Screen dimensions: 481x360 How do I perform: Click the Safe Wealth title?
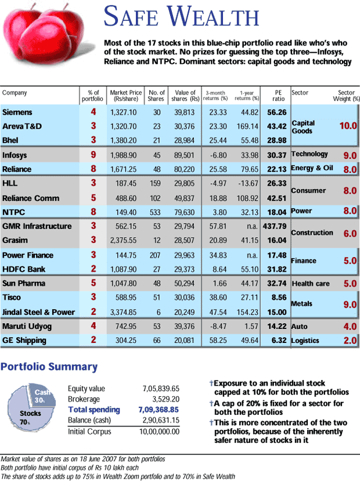(x=181, y=16)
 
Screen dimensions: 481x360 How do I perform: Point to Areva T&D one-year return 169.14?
(x=248, y=126)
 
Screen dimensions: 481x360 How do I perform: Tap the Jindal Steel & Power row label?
(x=39, y=312)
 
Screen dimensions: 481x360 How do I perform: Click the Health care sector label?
(x=311, y=284)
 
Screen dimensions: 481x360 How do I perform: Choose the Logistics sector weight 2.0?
(x=350, y=341)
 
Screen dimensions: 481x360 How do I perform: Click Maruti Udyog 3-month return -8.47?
(x=215, y=327)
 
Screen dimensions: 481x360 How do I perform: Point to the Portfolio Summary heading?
(x=49, y=367)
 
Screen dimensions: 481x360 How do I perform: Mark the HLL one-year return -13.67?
(x=248, y=183)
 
